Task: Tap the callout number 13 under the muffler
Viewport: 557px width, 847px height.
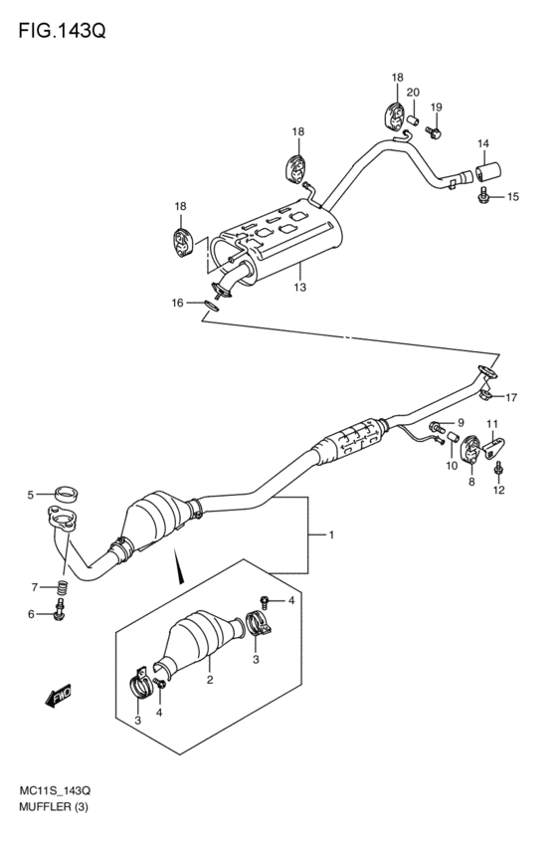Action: (x=298, y=288)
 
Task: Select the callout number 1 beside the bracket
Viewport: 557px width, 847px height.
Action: (x=330, y=535)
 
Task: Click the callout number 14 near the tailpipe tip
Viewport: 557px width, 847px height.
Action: (x=483, y=144)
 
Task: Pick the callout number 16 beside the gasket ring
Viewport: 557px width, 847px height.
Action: (x=177, y=303)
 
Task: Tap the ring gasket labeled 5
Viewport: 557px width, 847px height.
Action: (x=66, y=492)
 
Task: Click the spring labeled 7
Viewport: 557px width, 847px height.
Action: (x=63, y=589)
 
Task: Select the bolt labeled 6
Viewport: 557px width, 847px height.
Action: (x=60, y=615)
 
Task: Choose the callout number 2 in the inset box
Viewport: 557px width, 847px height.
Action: (x=210, y=681)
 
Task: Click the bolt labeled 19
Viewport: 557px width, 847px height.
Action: (x=433, y=130)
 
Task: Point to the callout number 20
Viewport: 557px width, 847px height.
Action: (x=413, y=93)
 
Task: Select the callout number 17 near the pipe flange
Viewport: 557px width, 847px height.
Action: (x=511, y=398)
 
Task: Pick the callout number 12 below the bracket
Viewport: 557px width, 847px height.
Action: (x=499, y=489)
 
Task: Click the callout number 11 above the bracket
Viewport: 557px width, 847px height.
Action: (x=491, y=425)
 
